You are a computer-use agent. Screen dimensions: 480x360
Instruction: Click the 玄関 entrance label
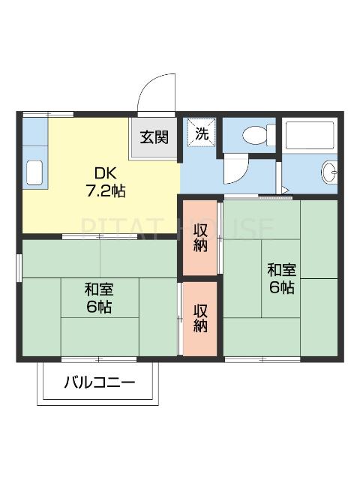[155, 137]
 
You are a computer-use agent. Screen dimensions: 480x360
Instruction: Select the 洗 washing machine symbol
[201, 134]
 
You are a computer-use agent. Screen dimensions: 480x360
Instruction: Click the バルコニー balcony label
[99, 383]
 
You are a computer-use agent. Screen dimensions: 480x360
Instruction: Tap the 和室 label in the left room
[98, 289]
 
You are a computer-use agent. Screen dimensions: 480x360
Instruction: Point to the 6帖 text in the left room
[98, 307]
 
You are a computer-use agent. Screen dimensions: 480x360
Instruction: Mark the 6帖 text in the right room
[281, 288]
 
